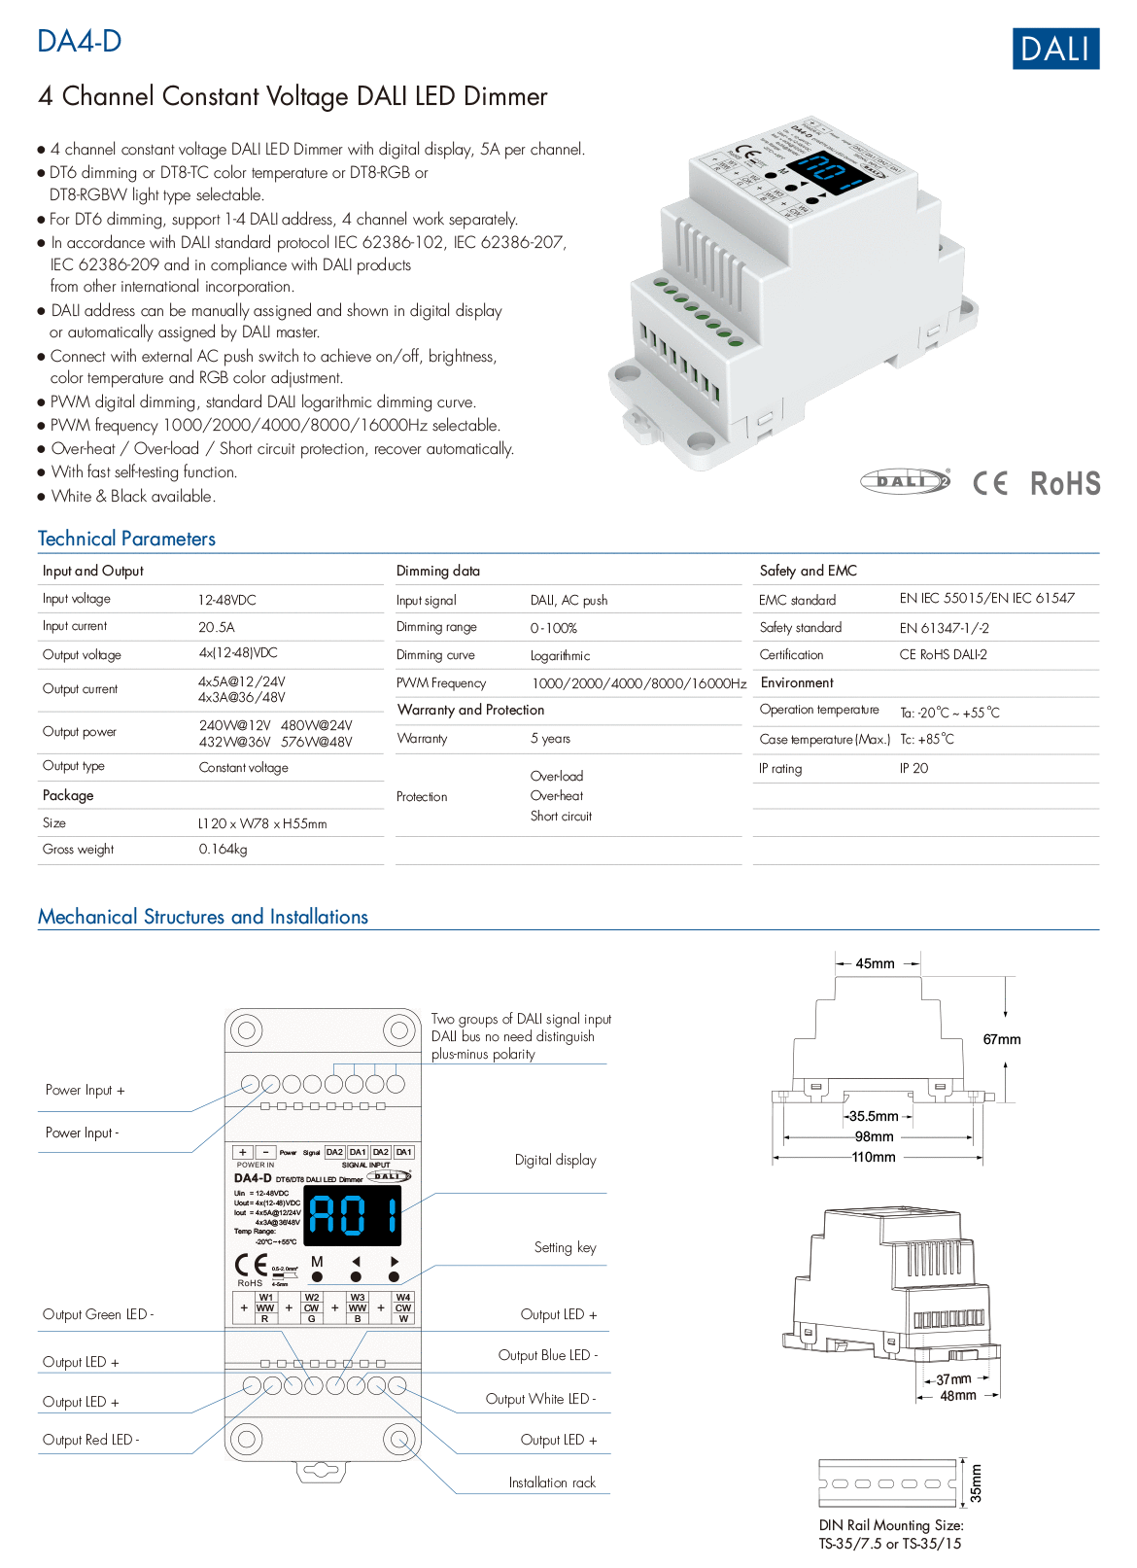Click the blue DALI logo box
tap(1055, 49)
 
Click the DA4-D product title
tap(80, 42)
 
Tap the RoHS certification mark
tap(1065, 484)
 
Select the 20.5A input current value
tap(217, 628)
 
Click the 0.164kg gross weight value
tap(223, 850)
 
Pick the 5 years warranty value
tap(550, 739)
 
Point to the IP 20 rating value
tap(913, 769)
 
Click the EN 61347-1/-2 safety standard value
tap(944, 628)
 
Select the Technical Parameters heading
tap(126, 539)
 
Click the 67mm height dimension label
tap(1002, 1040)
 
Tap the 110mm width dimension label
tap(874, 1158)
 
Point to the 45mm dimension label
tap(875, 964)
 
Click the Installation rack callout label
tap(552, 1483)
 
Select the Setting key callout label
tap(565, 1248)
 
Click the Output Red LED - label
tap(90, 1441)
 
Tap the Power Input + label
tap(85, 1091)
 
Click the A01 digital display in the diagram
tap(353, 1215)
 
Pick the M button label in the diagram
tap(317, 1262)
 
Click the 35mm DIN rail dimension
tap(976, 1483)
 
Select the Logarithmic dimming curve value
tap(560, 656)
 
